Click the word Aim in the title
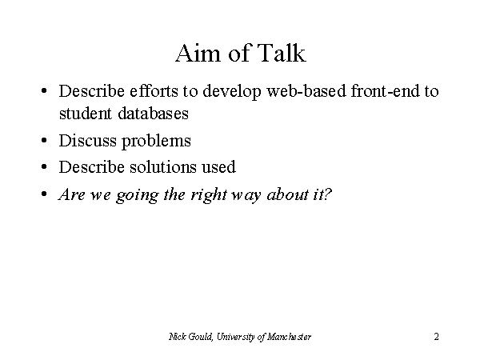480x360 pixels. coord(198,53)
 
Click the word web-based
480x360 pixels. coord(306,91)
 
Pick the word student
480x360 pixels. coord(86,114)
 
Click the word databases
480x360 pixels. coord(153,114)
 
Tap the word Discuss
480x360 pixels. coord(87,141)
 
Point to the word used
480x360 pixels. coord(218,168)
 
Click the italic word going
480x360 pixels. coord(137,195)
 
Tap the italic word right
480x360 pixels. coord(209,195)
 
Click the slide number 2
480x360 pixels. coord(436,337)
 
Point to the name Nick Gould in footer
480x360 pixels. coord(190,337)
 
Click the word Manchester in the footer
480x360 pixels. coord(290,337)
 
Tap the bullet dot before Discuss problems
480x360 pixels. coord(44,141)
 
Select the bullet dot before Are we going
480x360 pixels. coord(44,194)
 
